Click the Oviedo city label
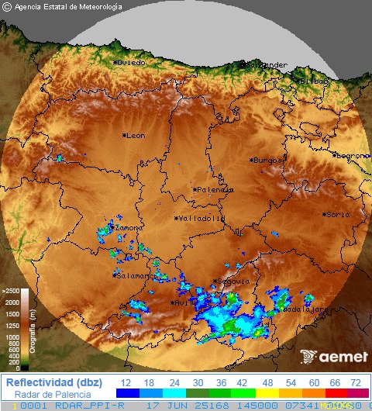pyautogui.click(x=131, y=62)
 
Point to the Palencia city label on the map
pyautogui.click(x=215, y=189)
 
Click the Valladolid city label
pyautogui.click(x=201, y=219)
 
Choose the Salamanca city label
pyautogui.click(x=136, y=275)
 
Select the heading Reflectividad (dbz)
pyautogui.click(x=53, y=382)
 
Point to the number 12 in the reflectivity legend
pyautogui.click(x=126, y=383)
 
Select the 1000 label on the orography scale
pyautogui.click(x=12, y=337)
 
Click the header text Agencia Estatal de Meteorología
pyautogui.click(x=68, y=6)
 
